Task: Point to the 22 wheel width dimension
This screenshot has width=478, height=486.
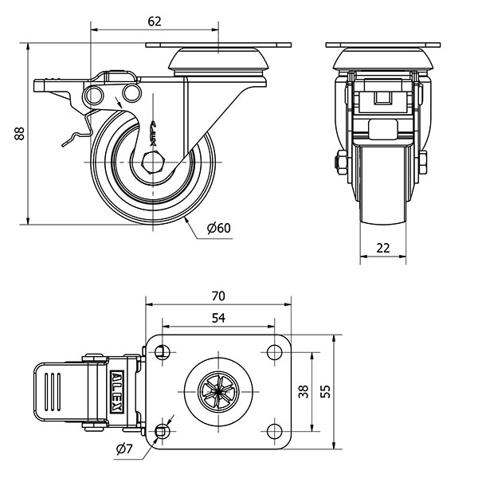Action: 383,248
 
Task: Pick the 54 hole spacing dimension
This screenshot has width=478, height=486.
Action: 217,318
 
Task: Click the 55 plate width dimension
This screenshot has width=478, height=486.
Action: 325,390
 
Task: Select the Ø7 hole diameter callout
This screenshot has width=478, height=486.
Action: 123,450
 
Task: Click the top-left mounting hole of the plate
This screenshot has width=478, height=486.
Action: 163,351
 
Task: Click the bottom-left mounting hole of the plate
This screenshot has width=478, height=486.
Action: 163,430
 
